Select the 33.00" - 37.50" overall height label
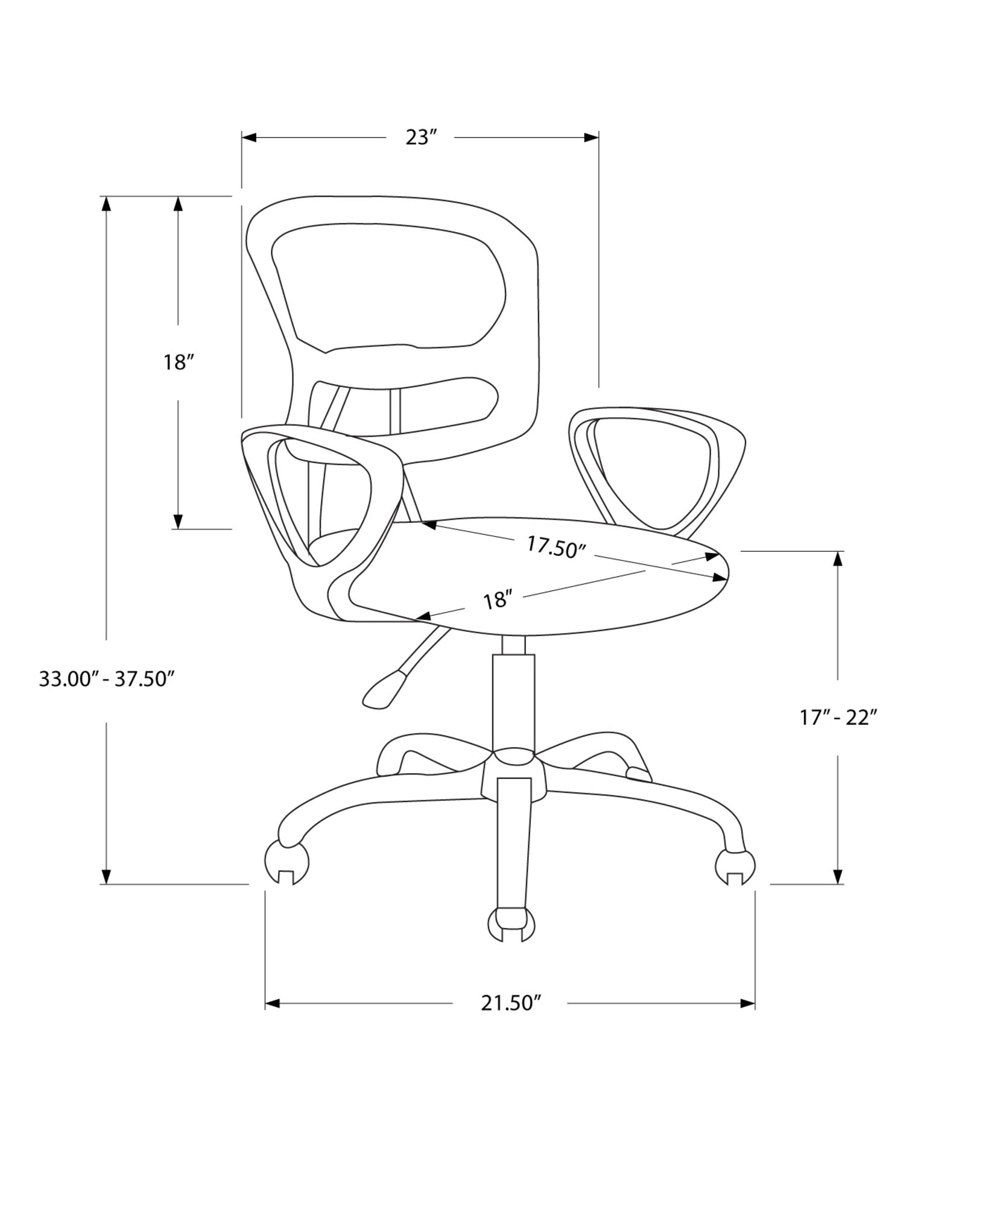pos(107,679)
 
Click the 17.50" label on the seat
pos(556,547)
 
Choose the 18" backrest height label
pos(178,362)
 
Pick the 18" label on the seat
pos(497,600)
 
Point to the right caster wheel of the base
pos(735,867)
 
